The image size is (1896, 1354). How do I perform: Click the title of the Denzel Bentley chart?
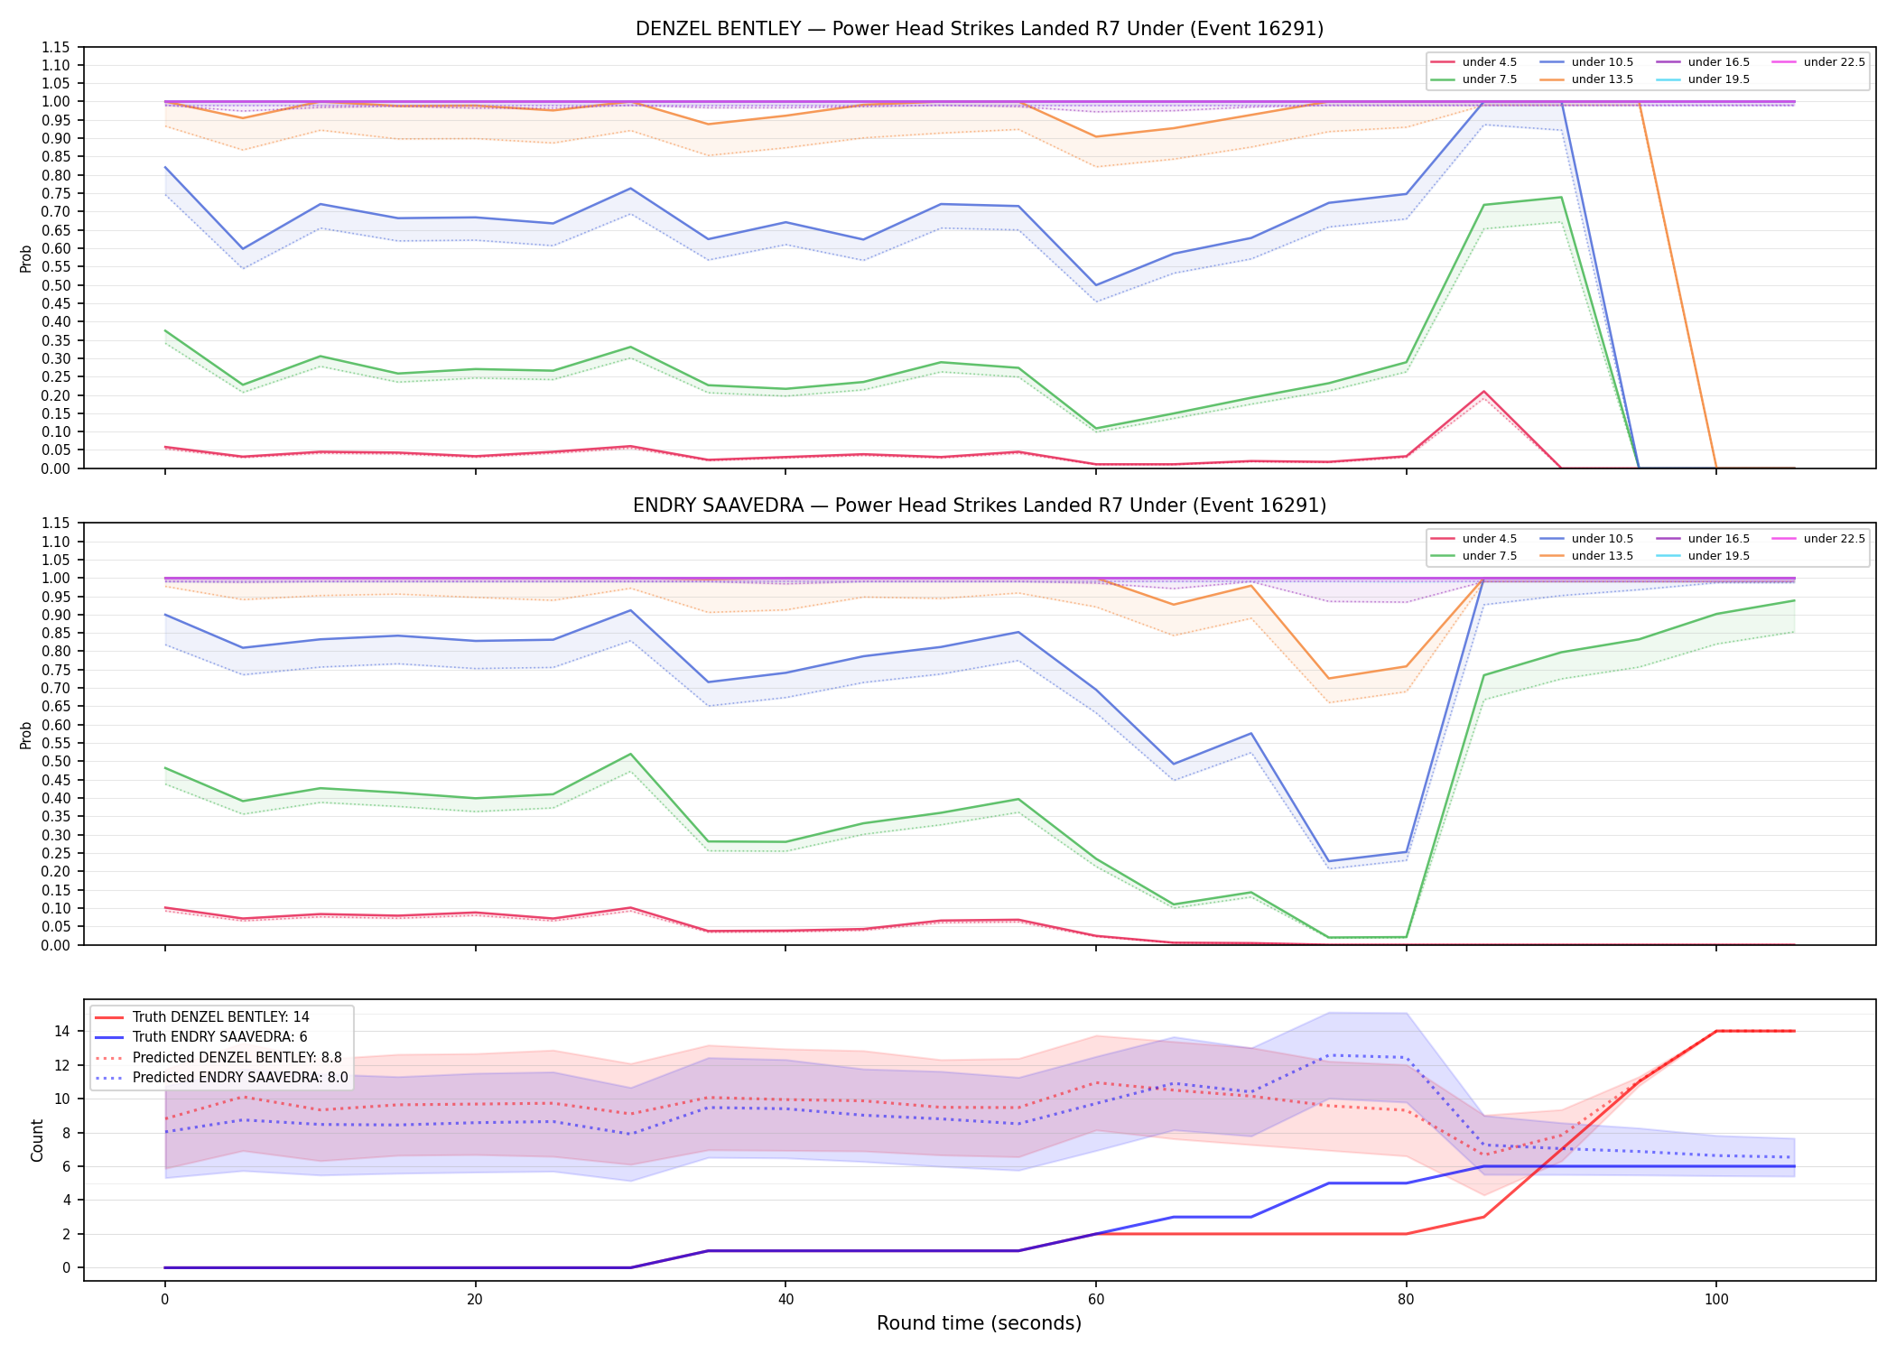click(x=980, y=29)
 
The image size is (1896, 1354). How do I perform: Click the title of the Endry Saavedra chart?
click(x=980, y=505)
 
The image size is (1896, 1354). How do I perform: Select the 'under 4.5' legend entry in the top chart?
click(x=1474, y=62)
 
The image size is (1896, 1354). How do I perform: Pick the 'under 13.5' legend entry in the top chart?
click(x=1587, y=79)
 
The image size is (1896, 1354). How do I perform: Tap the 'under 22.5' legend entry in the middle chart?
click(x=1818, y=539)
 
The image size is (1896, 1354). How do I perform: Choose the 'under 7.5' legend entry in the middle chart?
click(x=1474, y=556)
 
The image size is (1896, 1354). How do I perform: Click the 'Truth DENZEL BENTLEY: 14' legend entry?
click(x=202, y=1017)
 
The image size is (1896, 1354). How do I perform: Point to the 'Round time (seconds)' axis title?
click(x=979, y=1323)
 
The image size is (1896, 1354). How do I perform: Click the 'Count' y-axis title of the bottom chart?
click(x=37, y=1140)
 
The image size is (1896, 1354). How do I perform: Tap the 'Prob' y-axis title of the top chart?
click(x=26, y=258)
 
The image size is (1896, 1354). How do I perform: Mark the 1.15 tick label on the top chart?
click(x=56, y=47)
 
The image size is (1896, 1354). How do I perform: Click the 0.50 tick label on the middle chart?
click(x=56, y=761)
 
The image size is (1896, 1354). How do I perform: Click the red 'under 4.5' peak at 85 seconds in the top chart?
click(x=1483, y=392)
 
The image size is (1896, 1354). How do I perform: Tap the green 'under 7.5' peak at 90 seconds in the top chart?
click(x=1561, y=198)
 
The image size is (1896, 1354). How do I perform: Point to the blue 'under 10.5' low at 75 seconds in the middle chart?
click(x=1328, y=861)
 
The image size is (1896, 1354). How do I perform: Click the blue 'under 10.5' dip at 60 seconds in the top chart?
click(x=1096, y=285)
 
